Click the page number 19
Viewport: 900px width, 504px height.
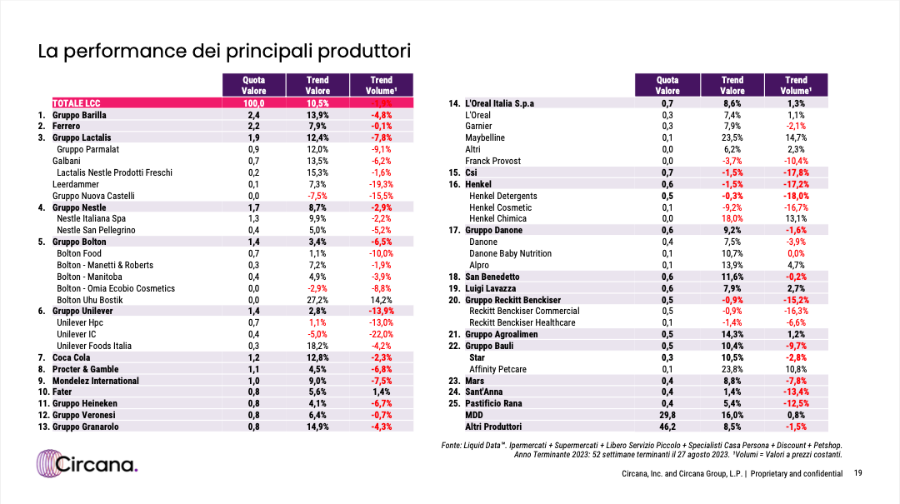pos(857,473)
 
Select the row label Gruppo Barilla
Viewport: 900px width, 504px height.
pos(79,115)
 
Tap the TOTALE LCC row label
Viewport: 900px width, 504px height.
pos(77,103)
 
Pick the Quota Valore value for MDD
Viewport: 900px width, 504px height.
pos(667,415)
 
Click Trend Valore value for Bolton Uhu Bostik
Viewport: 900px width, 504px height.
pos(317,300)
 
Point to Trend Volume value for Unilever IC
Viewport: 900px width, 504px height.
pos(381,334)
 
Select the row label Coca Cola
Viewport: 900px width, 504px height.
pos(71,357)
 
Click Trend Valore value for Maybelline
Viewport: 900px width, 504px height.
pos(732,137)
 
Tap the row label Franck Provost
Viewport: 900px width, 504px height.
pos(492,161)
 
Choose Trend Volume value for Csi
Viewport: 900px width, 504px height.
pos(796,172)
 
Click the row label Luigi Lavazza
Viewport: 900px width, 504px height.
pos(490,288)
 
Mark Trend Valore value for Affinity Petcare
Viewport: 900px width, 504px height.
pos(732,369)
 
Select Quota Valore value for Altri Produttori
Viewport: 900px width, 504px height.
pos(667,427)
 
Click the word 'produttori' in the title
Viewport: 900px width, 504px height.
pos(364,51)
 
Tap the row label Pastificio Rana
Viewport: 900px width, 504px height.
pos(493,403)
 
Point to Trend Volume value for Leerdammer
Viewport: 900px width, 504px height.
pos(381,184)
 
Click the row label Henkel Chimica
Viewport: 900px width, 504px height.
pos(497,219)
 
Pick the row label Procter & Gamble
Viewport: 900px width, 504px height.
pos(86,369)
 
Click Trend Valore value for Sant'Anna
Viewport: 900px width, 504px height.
pos(732,392)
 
